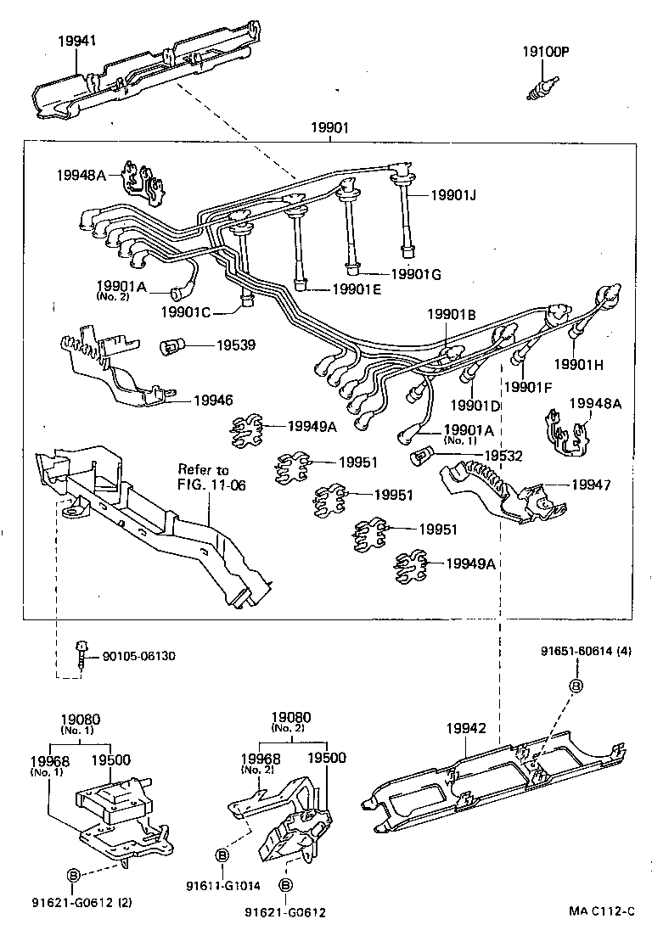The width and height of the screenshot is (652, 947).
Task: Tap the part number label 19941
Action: tap(77, 40)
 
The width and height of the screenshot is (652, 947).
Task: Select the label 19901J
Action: tap(452, 195)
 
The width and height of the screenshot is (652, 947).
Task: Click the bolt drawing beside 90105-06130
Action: tap(81, 657)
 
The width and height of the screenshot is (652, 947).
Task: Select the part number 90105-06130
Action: tap(139, 657)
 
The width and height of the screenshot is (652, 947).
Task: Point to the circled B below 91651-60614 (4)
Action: tap(575, 686)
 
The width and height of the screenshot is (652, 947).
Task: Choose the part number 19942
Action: tap(466, 728)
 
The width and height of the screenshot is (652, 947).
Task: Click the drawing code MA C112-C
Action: tap(601, 911)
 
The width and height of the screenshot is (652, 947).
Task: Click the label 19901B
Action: tap(451, 314)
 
